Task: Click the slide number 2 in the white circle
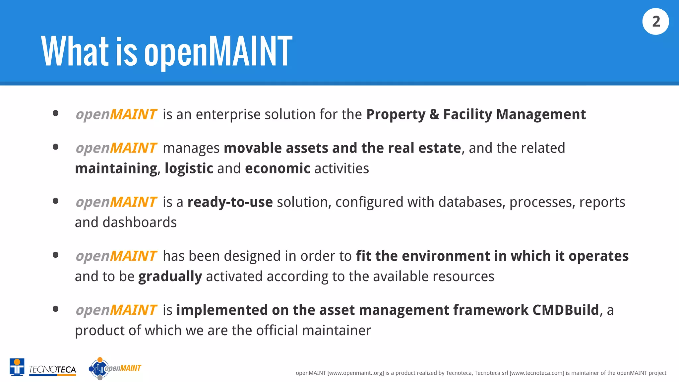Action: tap(655, 22)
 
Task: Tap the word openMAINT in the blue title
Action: tap(218, 51)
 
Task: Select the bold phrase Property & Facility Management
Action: tap(476, 114)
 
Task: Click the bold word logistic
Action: tap(189, 168)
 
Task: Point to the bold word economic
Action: tap(278, 168)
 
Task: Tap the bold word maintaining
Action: tap(116, 168)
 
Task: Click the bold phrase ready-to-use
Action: tap(230, 202)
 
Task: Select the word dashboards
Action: tap(140, 223)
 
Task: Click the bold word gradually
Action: tap(170, 277)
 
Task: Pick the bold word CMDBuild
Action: tap(566, 310)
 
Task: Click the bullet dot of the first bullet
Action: tap(56, 113)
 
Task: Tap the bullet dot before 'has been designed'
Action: tap(56, 255)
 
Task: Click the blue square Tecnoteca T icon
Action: tap(17, 367)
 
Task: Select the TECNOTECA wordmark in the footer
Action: tap(52, 369)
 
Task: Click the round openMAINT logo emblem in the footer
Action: tap(99, 368)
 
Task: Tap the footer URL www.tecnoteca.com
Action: tap(537, 373)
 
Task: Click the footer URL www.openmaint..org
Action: tap(356, 373)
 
